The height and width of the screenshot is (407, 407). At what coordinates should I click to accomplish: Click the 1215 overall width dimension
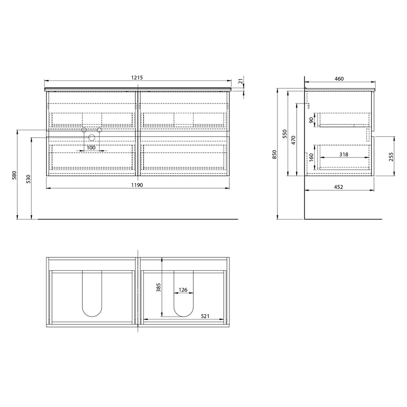point(137,77)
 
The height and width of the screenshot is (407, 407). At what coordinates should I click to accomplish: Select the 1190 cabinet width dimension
point(137,185)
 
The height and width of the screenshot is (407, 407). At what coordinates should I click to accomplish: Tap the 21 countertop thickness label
point(241,81)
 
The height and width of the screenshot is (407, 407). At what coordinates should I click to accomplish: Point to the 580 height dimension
point(15,175)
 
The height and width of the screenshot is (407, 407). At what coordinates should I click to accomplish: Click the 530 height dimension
point(28,179)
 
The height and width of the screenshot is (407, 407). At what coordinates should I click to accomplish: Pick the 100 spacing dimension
point(91,148)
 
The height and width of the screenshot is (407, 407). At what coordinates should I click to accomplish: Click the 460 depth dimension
point(339,78)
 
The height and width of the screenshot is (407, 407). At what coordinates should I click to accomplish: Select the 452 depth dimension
point(338,187)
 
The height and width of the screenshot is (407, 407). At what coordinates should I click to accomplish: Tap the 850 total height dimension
point(275,154)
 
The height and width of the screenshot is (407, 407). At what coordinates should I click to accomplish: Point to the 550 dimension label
point(285,134)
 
